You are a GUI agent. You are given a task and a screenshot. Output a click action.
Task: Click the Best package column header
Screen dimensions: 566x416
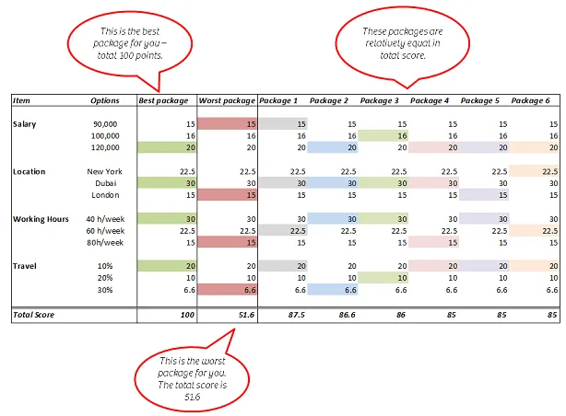163,100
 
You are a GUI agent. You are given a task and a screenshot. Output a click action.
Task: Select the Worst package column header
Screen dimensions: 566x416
227,100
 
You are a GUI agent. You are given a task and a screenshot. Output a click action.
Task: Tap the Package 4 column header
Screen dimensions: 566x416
430,100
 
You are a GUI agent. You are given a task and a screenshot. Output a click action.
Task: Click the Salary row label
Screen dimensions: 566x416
25,124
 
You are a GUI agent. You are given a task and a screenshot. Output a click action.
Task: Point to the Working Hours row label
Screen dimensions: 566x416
41,219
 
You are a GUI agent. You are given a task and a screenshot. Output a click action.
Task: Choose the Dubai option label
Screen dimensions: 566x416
106,183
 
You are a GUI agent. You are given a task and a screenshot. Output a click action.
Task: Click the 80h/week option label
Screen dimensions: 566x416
105,243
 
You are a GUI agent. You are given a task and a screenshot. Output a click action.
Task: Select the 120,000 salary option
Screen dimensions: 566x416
105,147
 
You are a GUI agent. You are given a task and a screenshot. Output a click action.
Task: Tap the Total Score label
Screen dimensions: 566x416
33,315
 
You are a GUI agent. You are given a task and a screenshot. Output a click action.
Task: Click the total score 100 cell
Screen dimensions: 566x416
187,315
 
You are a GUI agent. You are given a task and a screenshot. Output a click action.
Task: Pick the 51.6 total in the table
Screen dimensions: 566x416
246,315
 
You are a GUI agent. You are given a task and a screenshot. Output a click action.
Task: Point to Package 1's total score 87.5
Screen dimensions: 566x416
296,315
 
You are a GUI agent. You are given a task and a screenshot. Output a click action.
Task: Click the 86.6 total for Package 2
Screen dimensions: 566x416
347,315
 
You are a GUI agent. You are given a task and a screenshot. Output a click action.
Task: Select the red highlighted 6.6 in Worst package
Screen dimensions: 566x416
228,290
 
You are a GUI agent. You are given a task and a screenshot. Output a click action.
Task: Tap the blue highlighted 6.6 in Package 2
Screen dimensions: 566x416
333,290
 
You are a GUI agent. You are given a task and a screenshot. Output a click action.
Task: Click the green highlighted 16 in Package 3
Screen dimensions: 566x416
383,136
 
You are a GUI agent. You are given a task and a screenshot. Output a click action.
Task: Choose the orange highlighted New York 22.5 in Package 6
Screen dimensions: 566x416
534,171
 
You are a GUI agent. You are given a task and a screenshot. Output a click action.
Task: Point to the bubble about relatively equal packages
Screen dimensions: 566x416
403,46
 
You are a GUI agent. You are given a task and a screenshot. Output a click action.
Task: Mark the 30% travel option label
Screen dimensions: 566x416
105,290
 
